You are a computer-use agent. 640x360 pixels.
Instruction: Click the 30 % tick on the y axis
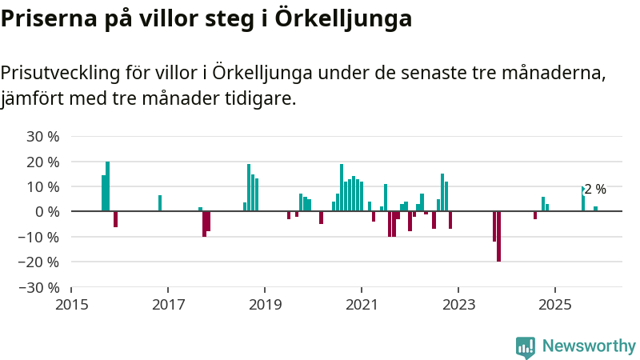(x=43, y=137)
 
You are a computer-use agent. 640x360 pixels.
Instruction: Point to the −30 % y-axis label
(x=40, y=287)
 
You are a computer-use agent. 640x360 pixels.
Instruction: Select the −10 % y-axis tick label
(x=40, y=237)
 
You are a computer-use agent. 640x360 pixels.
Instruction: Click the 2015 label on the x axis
(x=71, y=305)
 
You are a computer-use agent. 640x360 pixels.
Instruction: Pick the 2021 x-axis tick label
(x=362, y=305)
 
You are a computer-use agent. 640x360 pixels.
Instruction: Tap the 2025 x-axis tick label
(x=555, y=305)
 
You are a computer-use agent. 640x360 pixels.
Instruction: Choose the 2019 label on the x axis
(x=265, y=305)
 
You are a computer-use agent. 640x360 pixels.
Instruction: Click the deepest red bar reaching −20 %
(x=498, y=236)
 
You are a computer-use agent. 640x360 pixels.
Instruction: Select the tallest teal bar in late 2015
(x=108, y=186)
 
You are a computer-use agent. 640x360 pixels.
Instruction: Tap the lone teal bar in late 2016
(x=160, y=203)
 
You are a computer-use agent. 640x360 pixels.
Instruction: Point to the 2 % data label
(x=595, y=190)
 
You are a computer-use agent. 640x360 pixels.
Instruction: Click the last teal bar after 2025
(x=595, y=209)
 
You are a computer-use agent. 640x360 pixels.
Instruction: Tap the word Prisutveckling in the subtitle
(x=60, y=74)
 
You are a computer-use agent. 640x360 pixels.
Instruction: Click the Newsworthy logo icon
(x=526, y=346)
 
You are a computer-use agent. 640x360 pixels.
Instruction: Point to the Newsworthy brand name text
(x=589, y=346)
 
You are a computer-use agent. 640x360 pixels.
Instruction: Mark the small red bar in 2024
(x=535, y=215)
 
